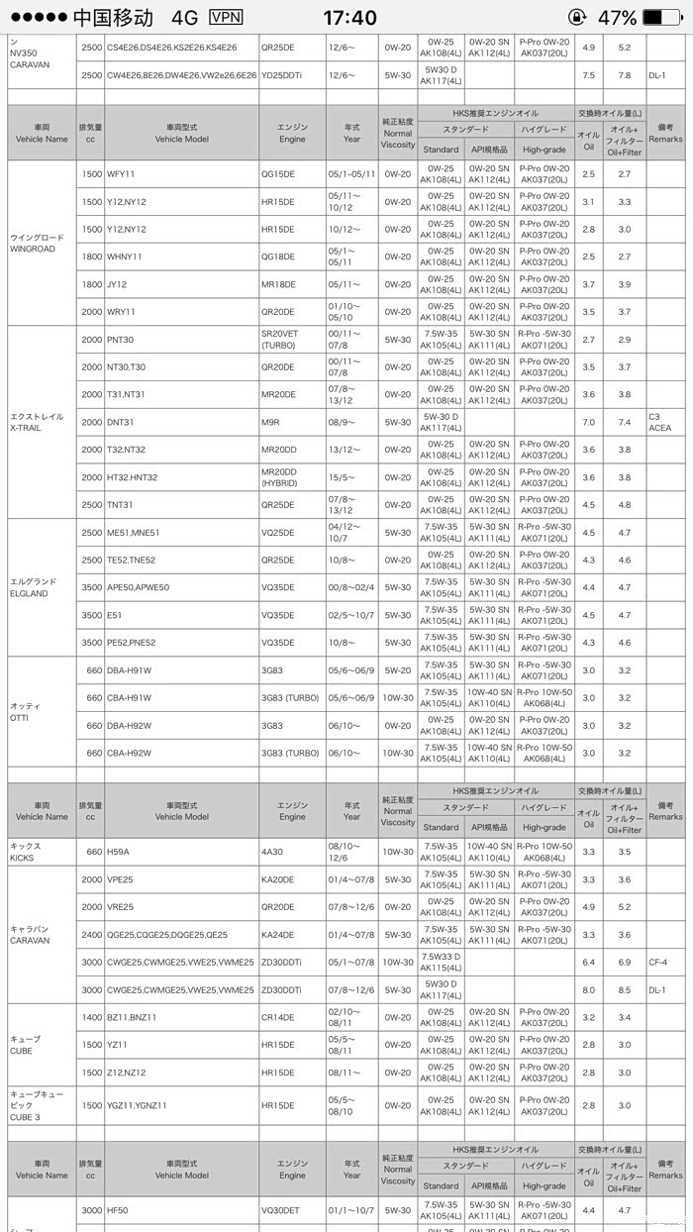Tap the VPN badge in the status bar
click(x=226, y=17)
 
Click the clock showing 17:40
click(x=349, y=18)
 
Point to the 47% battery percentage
click(x=616, y=18)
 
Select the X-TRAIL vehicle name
click(x=37, y=422)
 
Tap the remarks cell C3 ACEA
click(x=659, y=422)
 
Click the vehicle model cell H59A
click(x=118, y=852)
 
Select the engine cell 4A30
click(x=273, y=852)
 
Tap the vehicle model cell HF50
click(x=119, y=1210)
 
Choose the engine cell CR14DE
click(x=277, y=1017)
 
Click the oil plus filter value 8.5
click(x=624, y=989)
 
